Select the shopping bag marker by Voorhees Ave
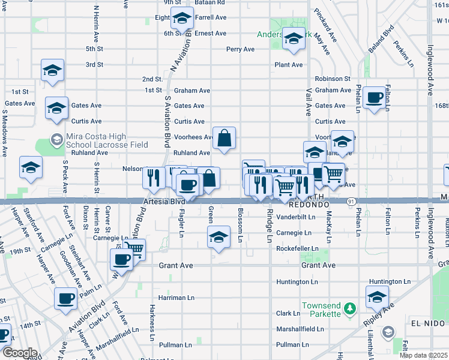[x=223, y=139]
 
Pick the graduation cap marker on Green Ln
[x=219, y=237]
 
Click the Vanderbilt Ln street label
[x=295, y=217]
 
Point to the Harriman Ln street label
[x=176, y=297]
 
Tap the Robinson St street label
[x=332, y=79]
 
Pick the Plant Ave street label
[x=289, y=65]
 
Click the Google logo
[x=20, y=353]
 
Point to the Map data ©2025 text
[x=424, y=355]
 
